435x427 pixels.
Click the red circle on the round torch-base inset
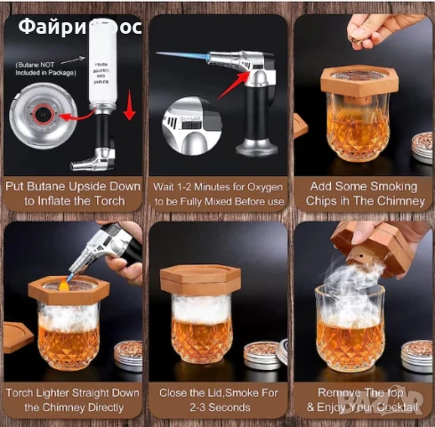tap(41, 112)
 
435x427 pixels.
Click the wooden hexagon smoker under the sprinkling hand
tap(356, 82)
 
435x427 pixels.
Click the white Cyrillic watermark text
tap(79, 27)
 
